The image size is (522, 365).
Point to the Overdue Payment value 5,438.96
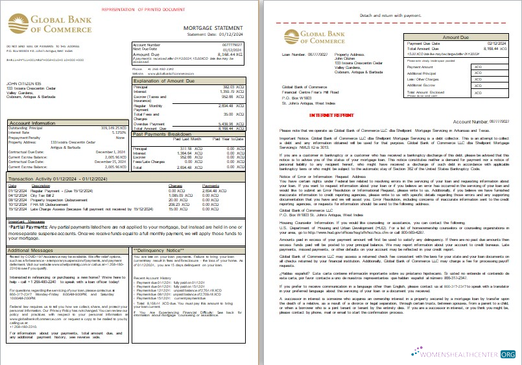[x=228, y=123]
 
